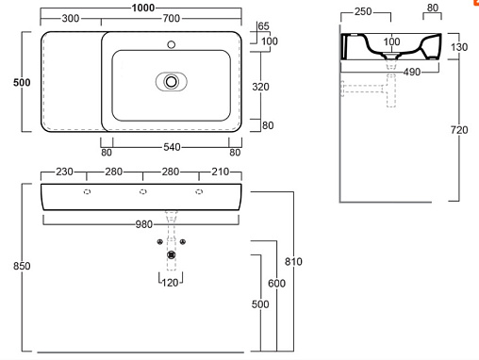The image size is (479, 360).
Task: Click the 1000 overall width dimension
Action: click(143, 8)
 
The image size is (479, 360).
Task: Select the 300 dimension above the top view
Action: click(71, 18)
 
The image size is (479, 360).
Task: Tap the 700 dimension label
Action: click(172, 18)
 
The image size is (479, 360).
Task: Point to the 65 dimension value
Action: click(263, 26)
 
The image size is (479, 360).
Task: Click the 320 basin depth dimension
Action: click(260, 87)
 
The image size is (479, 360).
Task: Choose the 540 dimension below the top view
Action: click(172, 147)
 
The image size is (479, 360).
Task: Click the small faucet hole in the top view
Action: click(172, 44)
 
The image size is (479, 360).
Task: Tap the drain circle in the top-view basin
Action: click(172, 82)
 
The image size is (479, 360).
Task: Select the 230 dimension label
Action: click(64, 172)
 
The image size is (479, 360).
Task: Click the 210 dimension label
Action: click(220, 172)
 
